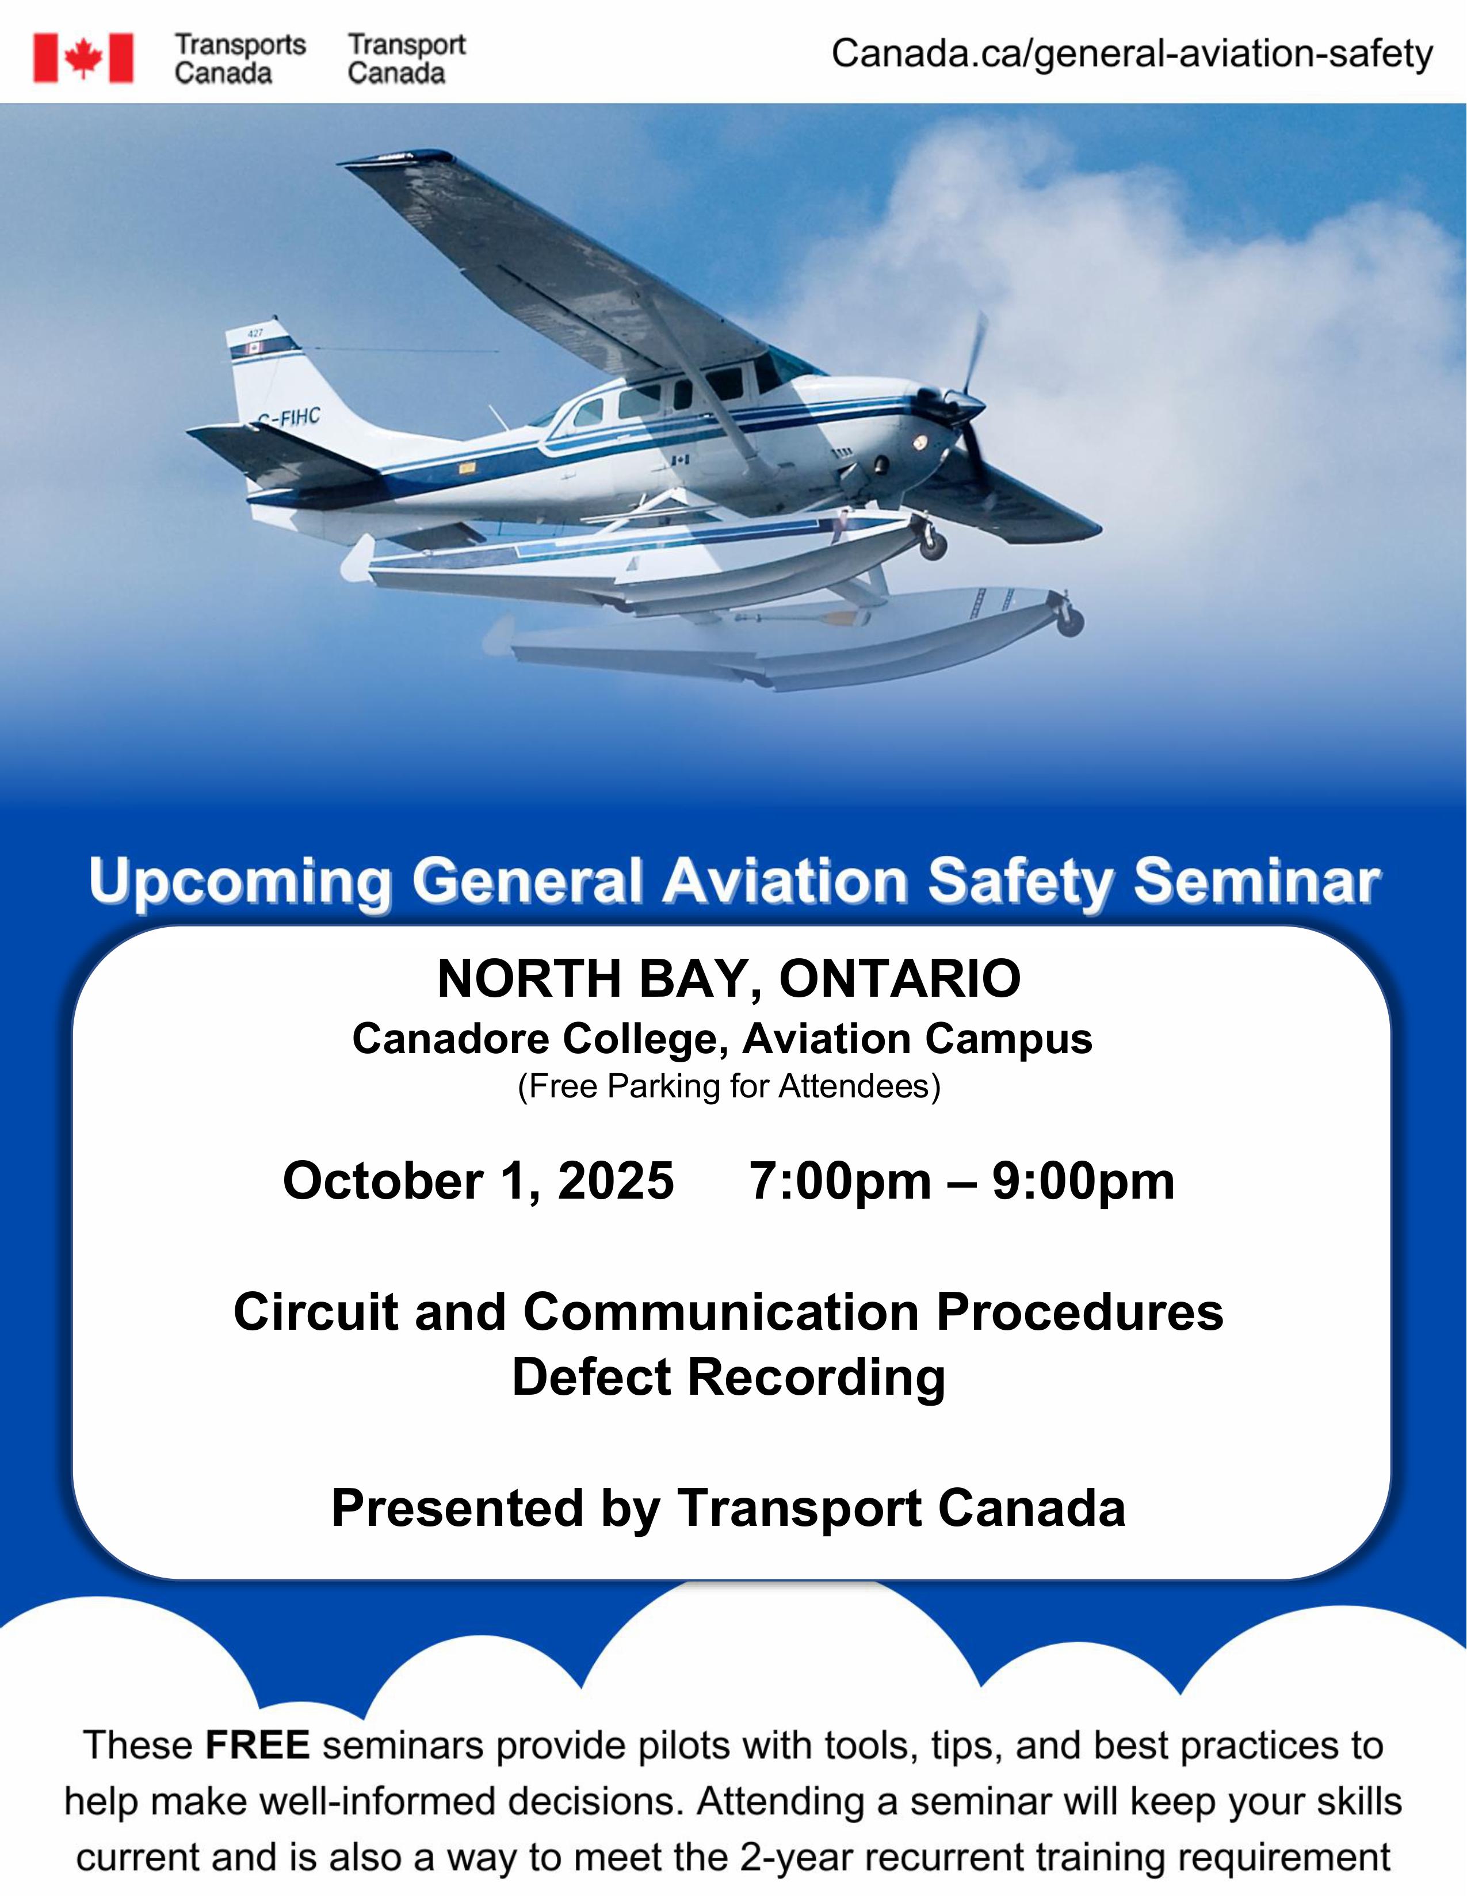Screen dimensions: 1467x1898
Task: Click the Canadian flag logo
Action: pyautogui.click(x=83, y=58)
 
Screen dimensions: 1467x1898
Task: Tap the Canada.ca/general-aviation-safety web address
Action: pyautogui.click(x=1132, y=54)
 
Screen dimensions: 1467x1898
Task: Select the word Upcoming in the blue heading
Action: pyautogui.click(x=240, y=883)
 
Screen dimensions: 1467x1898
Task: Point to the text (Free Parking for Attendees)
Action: pyautogui.click(x=729, y=1086)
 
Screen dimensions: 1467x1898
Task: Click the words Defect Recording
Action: pyautogui.click(x=728, y=1377)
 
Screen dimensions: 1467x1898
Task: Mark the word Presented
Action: pyautogui.click(x=458, y=1508)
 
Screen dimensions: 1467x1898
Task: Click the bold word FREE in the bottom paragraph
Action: pyautogui.click(x=257, y=1745)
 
